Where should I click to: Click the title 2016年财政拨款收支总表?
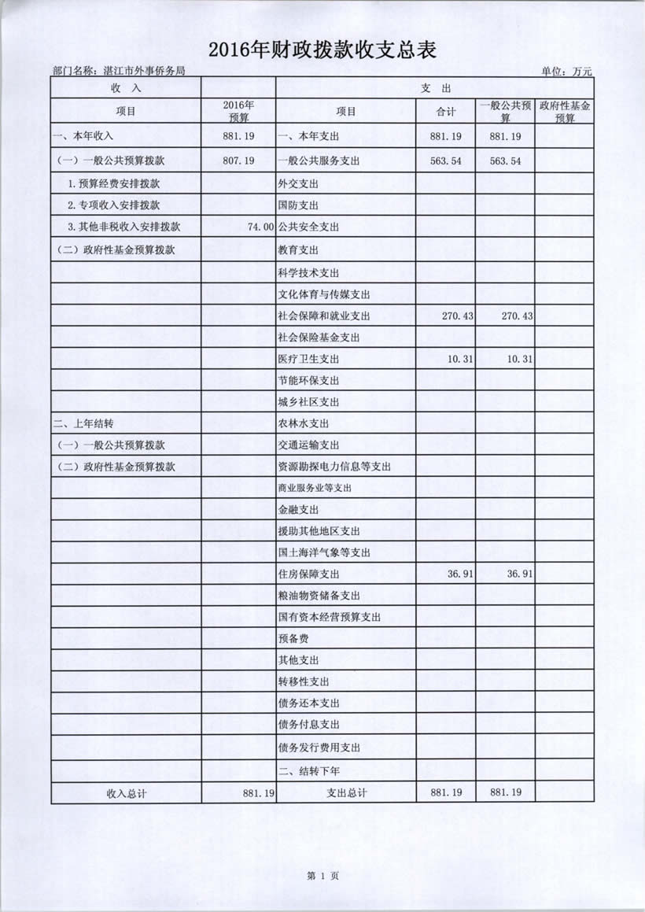pos(322,50)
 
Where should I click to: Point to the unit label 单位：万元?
pos(566,72)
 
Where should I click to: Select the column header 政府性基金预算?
pos(564,112)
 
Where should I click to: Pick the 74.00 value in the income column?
pos(260,227)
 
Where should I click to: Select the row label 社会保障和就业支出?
pos(323,316)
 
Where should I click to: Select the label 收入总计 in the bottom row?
pos(127,793)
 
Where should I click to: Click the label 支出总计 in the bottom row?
pos(346,793)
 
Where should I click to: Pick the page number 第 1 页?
pos(322,876)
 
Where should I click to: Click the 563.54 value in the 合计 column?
pos(446,161)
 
